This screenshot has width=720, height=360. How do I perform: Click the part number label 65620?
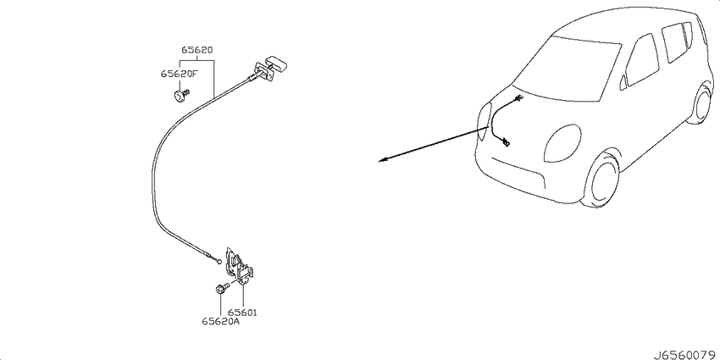pyautogui.click(x=197, y=51)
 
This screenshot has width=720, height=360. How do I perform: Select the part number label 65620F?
pyautogui.click(x=179, y=74)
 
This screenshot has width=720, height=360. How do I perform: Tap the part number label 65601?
pyautogui.click(x=242, y=313)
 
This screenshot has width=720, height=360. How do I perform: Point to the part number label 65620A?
pyautogui.click(x=220, y=322)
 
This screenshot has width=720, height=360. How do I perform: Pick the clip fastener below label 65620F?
pyautogui.click(x=181, y=96)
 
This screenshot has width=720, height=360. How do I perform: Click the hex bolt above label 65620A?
pyautogui.click(x=222, y=288)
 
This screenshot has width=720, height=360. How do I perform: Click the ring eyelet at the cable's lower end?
pyautogui.click(x=219, y=263)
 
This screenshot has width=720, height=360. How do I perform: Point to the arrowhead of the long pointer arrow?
pyautogui.click(x=383, y=160)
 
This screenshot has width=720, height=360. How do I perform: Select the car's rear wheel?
pyautogui.click(x=701, y=104)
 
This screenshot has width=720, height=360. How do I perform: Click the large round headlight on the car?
pyautogui.click(x=562, y=143)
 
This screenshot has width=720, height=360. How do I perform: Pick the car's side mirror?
pyautogui.click(x=623, y=82)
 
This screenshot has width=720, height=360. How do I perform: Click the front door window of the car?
pyautogui.click(x=643, y=59)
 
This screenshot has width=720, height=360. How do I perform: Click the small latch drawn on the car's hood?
pyautogui.click(x=506, y=143)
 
